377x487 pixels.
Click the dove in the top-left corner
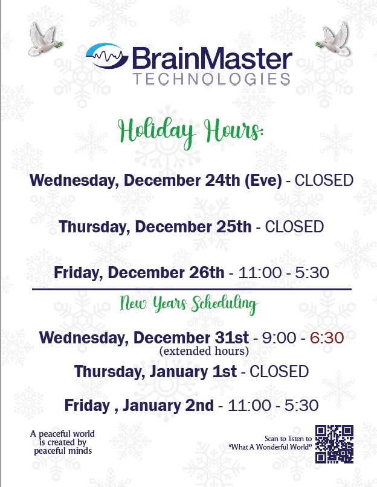[45, 39]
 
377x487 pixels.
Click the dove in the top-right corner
[333, 39]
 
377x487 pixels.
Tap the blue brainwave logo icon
[107, 56]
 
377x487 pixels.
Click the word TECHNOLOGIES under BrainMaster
[211, 79]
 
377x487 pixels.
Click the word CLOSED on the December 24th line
[324, 180]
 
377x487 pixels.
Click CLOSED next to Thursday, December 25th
[294, 227]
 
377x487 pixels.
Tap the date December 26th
[166, 273]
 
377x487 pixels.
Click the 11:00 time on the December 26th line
[260, 273]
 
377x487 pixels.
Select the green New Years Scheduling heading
[189, 304]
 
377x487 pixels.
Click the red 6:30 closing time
[327, 338]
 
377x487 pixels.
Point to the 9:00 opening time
[279, 338]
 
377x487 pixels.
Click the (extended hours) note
[204, 351]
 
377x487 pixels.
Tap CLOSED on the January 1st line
[279, 372]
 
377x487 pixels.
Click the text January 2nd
[168, 406]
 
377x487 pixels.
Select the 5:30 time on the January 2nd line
[301, 406]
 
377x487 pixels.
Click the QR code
[334, 444]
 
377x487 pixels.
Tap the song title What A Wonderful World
[270, 447]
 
